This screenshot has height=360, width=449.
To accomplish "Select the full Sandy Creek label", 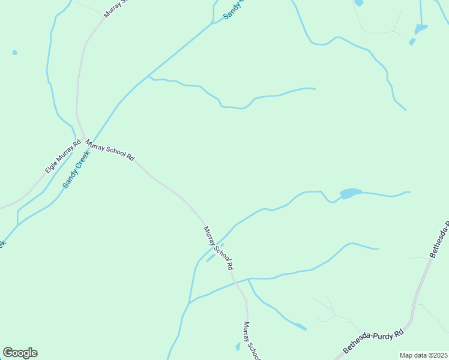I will click(x=76, y=169).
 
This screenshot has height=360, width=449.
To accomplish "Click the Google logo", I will click(x=20, y=353).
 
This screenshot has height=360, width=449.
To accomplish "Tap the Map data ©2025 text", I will click(x=423, y=355).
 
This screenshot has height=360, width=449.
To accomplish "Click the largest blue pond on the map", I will click(x=351, y=193).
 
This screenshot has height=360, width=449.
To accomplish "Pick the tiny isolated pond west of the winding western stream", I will click(x=14, y=53).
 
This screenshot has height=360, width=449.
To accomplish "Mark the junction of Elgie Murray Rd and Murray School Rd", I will click(x=83, y=137).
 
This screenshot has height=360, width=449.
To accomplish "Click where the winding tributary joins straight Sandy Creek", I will click(x=149, y=76).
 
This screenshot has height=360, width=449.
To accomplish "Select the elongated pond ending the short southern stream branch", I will click(x=300, y=326).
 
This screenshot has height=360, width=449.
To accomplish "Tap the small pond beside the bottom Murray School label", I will click(x=238, y=346).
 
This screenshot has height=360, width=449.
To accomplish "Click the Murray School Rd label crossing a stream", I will click(x=218, y=248).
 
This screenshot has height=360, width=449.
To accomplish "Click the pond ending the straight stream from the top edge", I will click(x=421, y=28).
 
